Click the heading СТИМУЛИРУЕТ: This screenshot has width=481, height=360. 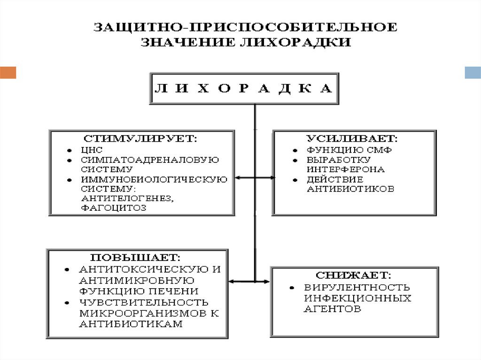point(141,139)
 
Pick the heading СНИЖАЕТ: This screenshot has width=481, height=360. point(354,275)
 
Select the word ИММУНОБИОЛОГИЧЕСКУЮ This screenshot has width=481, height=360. point(154,179)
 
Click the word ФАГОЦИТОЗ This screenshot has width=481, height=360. point(114,208)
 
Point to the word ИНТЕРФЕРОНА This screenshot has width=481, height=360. point(346,169)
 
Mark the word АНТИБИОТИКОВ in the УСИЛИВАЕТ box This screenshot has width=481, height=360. point(350,189)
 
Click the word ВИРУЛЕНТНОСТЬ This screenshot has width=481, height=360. point(357,287)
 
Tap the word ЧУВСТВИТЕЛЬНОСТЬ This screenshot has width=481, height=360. point(144,302)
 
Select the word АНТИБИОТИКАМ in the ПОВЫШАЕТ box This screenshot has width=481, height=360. point(131,324)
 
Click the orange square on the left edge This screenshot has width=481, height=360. point(8,72)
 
